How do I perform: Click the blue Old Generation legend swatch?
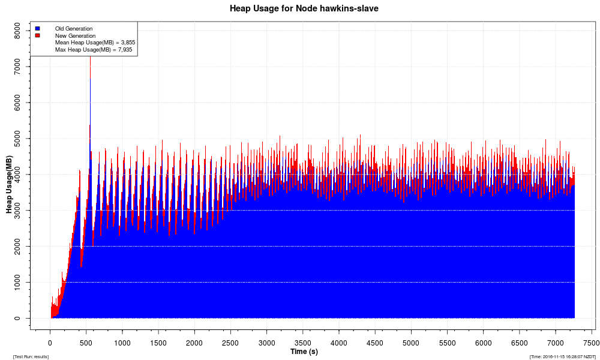(37, 28)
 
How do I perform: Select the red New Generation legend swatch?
(37, 35)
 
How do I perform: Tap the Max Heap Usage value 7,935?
(125, 50)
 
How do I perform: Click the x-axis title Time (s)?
(304, 351)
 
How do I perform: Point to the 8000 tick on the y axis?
(17, 31)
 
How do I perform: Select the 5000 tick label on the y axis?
(17, 139)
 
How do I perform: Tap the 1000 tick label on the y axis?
(17, 282)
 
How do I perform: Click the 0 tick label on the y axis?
(17, 318)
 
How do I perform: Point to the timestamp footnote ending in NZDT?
(562, 356)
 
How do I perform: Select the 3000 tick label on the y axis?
(17, 210)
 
